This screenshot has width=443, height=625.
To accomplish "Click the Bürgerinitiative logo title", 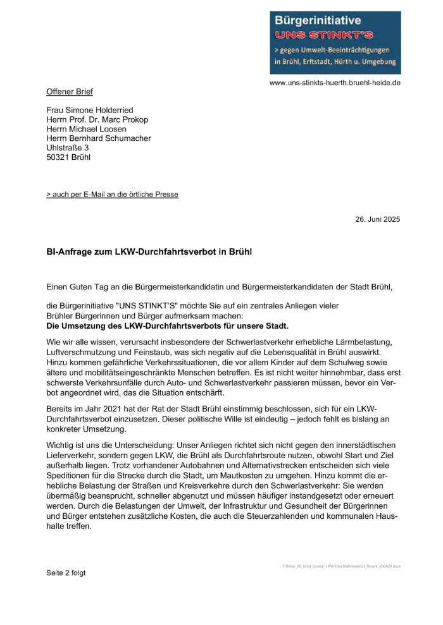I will [x=316, y=21].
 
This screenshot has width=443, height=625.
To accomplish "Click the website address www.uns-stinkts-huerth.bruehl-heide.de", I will [x=335, y=83].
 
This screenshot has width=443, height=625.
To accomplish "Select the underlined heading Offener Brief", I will [x=70, y=92].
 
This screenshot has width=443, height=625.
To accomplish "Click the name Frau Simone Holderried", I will [x=90, y=110].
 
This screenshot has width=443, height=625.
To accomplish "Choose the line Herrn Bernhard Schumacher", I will [x=99, y=138].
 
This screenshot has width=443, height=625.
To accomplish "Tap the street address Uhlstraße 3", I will [x=68, y=148].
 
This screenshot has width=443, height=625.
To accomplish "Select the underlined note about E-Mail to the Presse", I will [x=112, y=194].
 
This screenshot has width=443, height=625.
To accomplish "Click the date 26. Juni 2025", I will [x=377, y=219].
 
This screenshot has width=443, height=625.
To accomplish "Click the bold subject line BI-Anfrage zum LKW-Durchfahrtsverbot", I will [x=149, y=251].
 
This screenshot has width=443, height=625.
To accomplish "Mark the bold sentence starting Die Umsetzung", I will [x=168, y=326].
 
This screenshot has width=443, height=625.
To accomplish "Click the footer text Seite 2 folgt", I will [x=66, y=573].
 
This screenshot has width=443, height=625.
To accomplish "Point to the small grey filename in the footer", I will [x=341, y=566].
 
